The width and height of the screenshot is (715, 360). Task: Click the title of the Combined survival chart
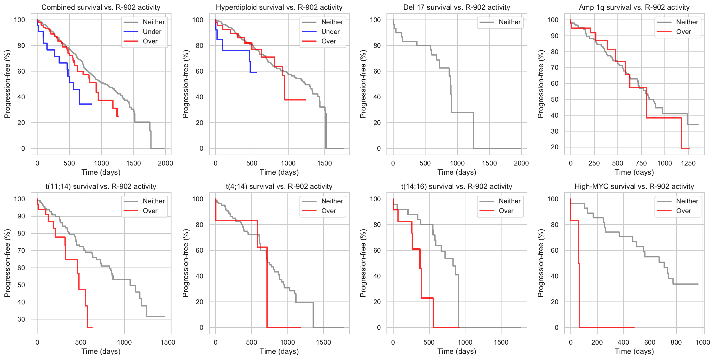101,7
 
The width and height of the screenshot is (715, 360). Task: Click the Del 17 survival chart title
457,7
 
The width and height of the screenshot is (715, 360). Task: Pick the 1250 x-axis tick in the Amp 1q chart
688,163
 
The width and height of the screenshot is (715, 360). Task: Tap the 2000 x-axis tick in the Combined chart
165,163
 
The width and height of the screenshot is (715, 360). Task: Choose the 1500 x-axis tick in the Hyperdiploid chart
324,163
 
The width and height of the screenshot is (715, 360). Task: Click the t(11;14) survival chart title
101,187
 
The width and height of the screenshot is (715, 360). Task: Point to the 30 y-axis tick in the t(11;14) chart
21,319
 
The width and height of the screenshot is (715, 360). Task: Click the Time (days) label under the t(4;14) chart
279,351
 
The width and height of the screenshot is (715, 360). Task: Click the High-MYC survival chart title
634,187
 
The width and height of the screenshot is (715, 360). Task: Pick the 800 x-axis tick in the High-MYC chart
676,342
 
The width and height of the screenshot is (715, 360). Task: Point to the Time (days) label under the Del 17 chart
457,172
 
